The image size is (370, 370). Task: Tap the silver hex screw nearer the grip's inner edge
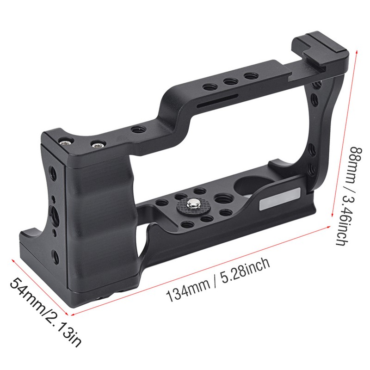click(x=96, y=145)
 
